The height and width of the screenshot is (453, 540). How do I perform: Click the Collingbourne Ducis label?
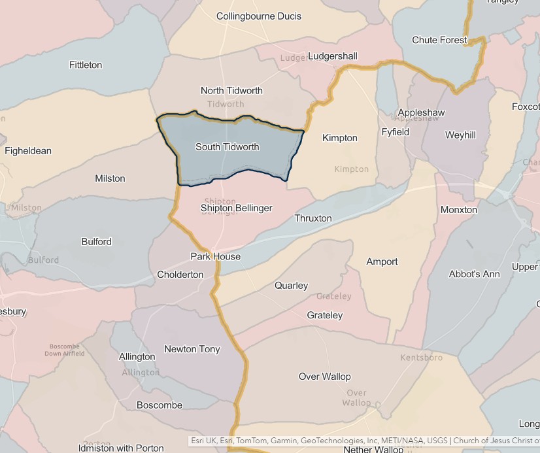(259, 16)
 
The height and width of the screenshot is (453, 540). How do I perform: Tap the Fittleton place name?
(86, 65)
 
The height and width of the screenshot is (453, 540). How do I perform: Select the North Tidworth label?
(231, 90)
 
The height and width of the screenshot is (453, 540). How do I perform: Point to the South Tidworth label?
(227, 146)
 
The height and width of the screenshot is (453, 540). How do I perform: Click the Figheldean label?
(28, 150)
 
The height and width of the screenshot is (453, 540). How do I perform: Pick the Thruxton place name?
(313, 218)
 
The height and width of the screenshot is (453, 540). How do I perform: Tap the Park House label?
(216, 256)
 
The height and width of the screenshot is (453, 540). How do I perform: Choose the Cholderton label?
(180, 275)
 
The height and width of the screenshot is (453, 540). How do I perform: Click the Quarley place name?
(291, 286)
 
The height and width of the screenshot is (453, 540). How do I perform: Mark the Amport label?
(382, 261)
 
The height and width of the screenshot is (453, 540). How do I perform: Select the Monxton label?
(459, 210)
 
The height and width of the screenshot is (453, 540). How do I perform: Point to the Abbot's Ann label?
(474, 274)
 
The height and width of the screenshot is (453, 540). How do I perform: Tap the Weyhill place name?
(460, 135)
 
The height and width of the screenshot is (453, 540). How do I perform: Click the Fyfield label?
(396, 132)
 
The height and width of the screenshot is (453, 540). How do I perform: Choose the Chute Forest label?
(440, 40)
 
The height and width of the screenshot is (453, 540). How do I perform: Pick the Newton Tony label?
(192, 349)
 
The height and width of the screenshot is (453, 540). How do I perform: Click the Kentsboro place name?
(421, 358)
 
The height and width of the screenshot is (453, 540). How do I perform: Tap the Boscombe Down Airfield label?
(64, 350)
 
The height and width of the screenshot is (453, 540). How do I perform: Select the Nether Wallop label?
(373, 449)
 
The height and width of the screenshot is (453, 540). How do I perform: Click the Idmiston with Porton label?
(121, 448)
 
